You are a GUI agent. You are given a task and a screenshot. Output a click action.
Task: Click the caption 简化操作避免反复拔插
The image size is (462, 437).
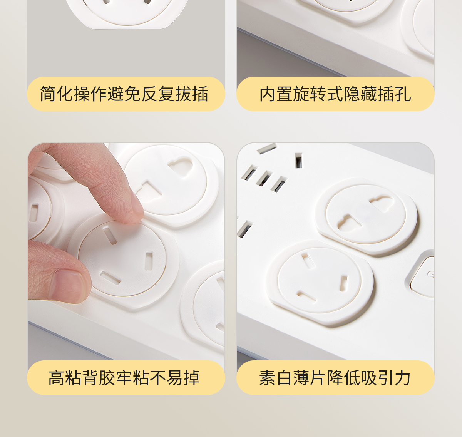[x=124, y=94]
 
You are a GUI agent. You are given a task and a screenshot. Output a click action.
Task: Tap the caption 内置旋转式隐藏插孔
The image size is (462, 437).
[x=335, y=94]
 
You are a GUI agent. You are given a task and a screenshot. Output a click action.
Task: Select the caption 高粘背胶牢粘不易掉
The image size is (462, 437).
[x=124, y=378]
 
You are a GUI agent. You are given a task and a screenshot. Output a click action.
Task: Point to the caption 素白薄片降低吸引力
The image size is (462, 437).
[x=335, y=378]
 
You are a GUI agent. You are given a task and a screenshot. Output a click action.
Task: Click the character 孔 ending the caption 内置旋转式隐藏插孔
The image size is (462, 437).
[x=403, y=94]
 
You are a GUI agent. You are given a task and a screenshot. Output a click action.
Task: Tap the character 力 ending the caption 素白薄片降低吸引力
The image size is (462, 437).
[x=403, y=378]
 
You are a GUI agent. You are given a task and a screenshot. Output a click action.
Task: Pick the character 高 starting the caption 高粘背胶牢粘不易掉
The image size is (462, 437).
[x=57, y=378]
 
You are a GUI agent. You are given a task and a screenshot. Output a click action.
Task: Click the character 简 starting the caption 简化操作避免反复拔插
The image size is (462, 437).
[x=48, y=94]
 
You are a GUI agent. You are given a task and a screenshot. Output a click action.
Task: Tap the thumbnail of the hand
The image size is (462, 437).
[x=68, y=284]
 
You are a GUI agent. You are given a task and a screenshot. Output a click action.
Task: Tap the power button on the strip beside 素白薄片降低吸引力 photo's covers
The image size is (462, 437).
[x=422, y=277]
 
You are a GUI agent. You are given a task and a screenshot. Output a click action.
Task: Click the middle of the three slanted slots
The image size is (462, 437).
[x=264, y=178]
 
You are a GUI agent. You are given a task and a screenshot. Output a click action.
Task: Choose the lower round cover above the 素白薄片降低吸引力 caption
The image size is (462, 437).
[x=320, y=282]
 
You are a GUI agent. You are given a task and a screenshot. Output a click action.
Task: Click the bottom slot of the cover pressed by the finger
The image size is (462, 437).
[x=110, y=278]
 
